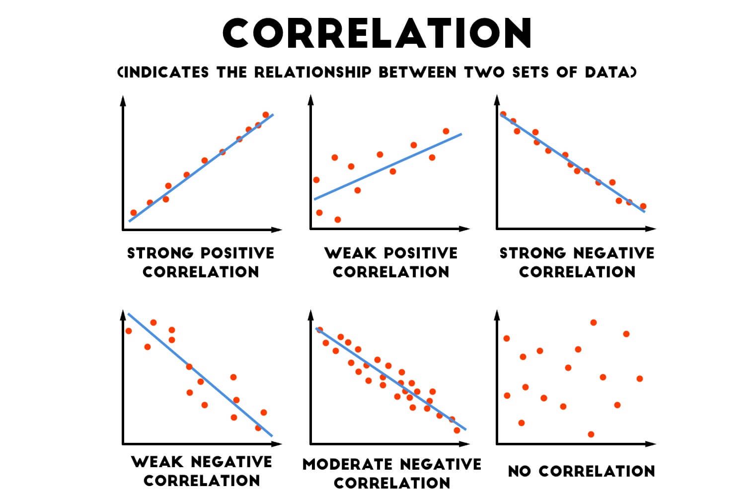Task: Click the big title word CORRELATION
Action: (377, 33)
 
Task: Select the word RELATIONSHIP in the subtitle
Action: (312, 73)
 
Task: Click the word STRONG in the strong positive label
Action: (160, 253)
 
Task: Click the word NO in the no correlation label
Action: (520, 471)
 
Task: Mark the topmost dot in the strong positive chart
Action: (265, 115)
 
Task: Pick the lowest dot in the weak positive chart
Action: (338, 219)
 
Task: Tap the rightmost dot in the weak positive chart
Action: (446, 131)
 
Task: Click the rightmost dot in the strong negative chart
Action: (643, 206)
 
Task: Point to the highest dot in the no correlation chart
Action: (593, 323)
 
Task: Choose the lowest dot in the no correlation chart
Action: (591, 434)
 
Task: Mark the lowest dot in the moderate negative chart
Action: (456, 430)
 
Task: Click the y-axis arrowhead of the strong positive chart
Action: (123, 101)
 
